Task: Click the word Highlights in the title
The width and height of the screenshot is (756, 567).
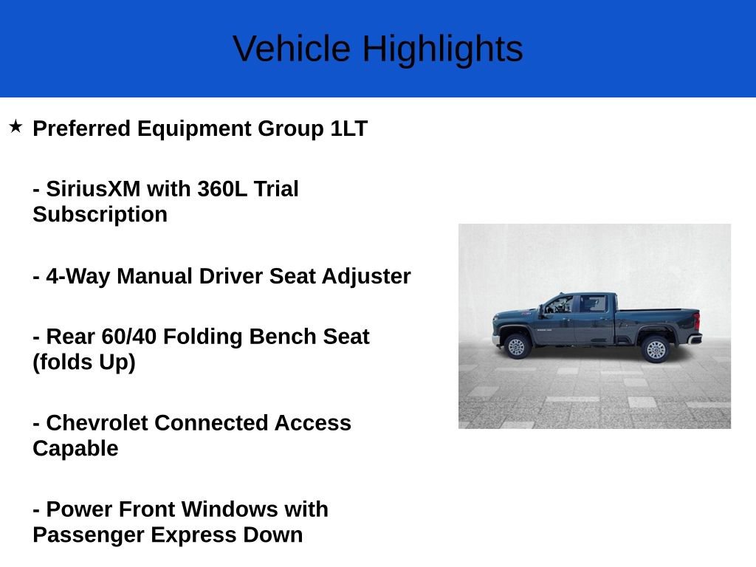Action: (441, 49)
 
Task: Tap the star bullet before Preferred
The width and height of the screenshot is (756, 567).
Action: (16, 127)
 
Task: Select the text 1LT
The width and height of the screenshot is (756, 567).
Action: (348, 128)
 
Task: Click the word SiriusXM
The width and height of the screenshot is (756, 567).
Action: (93, 189)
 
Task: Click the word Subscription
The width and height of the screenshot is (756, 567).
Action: (100, 215)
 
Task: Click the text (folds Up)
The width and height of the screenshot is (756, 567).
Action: (84, 362)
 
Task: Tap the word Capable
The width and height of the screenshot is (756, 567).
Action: (75, 449)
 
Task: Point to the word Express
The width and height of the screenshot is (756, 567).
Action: (196, 535)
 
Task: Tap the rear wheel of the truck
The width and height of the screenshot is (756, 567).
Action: (656, 348)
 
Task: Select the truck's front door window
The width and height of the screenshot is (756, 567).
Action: (560, 304)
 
